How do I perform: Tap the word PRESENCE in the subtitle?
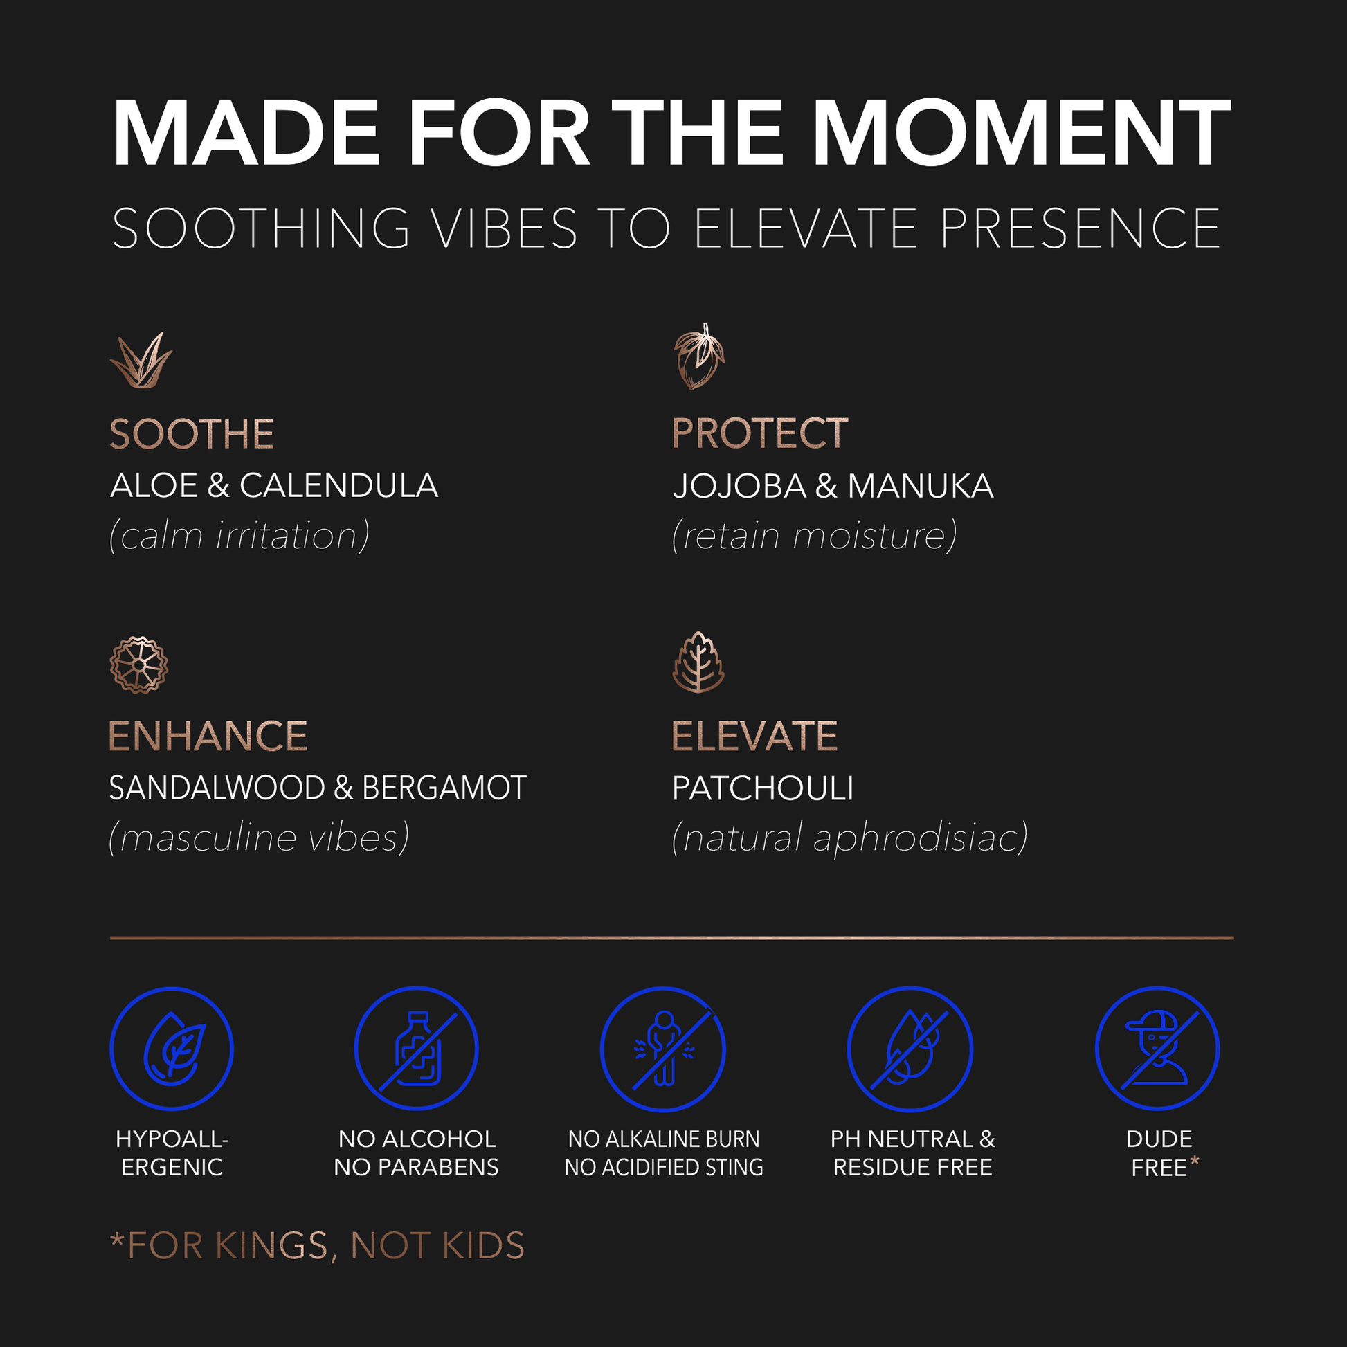point(1080,228)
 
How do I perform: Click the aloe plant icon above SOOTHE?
point(141,360)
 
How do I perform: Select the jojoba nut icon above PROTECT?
point(698,356)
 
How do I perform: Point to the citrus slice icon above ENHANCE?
point(138,665)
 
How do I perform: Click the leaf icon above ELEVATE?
point(698,662)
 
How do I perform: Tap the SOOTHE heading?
point(192,435)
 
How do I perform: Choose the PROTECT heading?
point(760,434)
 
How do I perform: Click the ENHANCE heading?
point(208,736)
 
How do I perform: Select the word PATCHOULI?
point(763,788)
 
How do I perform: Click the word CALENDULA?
point(339,485)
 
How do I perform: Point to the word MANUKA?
point(921,486)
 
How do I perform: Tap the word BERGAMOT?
point(444,788)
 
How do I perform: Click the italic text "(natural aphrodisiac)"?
point(850,838)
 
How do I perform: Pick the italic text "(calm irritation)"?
point(239,536)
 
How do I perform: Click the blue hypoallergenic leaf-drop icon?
point(172,1049)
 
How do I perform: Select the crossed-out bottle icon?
point(416,1049)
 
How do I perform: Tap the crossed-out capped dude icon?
point(1157,1049)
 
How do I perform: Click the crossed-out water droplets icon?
point(910,1049)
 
